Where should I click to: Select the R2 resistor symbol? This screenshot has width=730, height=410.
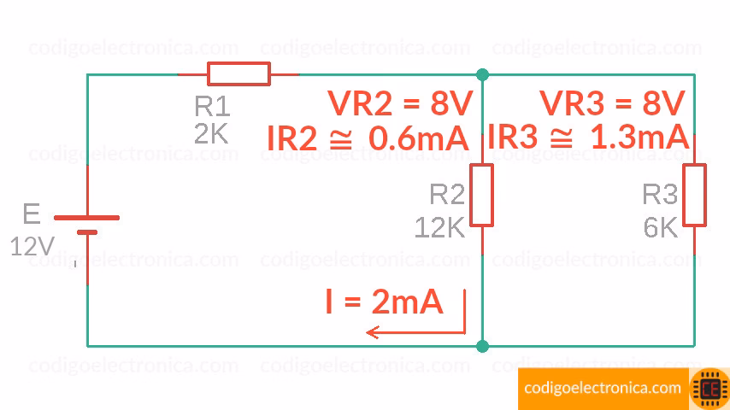pyautogui.click(x=482, y=196)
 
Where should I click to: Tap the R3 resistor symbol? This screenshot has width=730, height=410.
pyautogui.click(x=694, y=196)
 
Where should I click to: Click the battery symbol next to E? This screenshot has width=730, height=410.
pyautogui.click(x=87, y=224)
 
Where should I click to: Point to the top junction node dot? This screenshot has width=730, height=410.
pyautogui.click(x=483, y=74)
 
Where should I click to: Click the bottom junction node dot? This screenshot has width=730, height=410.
pyautogui.click(x=483, y=346)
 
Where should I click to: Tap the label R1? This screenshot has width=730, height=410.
pyautogui.click(x=212, y=106)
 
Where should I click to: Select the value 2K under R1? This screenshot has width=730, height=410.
pyautogui.click(x=211, y=134)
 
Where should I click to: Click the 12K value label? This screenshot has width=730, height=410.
pyautogui.click(x=439, y=227)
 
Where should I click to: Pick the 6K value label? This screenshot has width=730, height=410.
pyautogui.click(x=660, y=227)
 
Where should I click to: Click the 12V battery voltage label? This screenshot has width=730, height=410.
pyautogui.click(x=32, y=247)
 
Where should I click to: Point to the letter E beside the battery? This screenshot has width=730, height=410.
pyautogui.click(x=31, y=214)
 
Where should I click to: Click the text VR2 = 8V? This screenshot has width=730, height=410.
pyautogui.click(x=400, y=104)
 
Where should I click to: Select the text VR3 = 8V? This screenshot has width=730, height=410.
pyautogui.click(x=612, y=104)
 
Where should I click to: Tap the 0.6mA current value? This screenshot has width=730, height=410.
pyautogui.click(x=418, y=138)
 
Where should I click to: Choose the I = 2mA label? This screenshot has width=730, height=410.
pyautogui.click(x=384, y=301)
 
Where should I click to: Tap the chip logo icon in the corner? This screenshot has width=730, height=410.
pyautogui.click(x=709, y=389)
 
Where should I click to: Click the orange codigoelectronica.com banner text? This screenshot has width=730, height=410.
pyautogui.click(x=603, y=389)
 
